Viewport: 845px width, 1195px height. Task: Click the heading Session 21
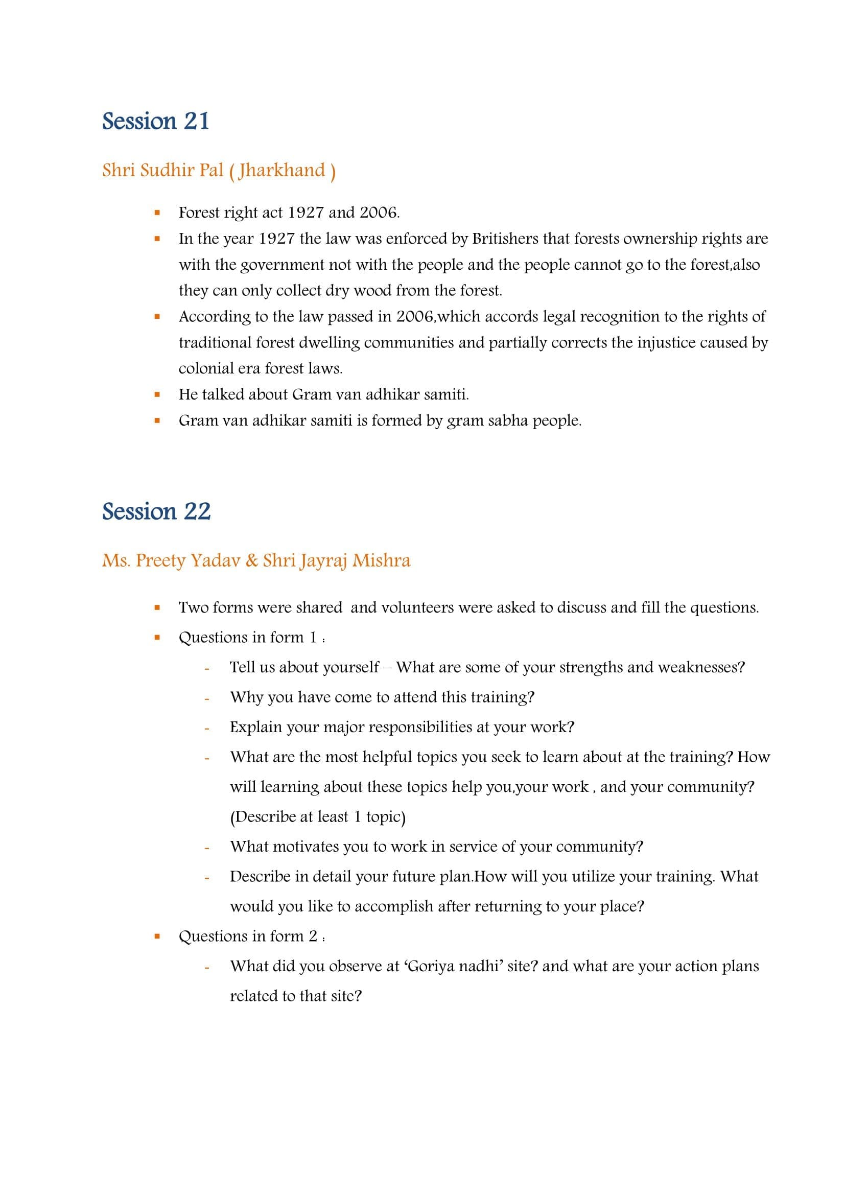click(156, 121)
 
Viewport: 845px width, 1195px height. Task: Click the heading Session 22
click(156, 511)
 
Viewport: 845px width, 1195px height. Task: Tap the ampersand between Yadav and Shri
click(252, 560)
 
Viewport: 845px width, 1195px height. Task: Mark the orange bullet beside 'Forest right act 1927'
click(157, 213)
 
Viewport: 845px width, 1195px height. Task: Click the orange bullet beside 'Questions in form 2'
click(157, 937)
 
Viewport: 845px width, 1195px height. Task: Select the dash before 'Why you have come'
click(207, 698)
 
